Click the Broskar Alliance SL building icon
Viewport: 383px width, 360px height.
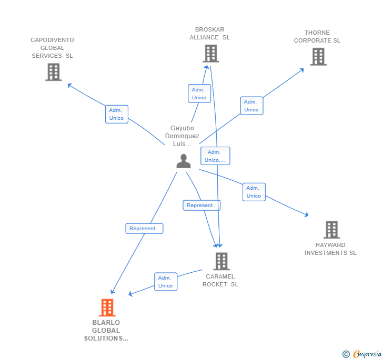pyautogui.click(x=210, y=53)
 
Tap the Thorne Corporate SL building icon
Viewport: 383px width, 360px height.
pyautogui.click(x=318, y=57)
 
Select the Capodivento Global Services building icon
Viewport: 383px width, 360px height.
pyautogui.click(x=53, y=72)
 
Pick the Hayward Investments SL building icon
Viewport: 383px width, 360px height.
pyautogui.click(x=331, y=230)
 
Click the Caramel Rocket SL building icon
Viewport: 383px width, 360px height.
pyautogui.click(x=221, y=261)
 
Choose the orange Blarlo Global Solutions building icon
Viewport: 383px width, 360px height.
pyautogui.click(x=107, y=307)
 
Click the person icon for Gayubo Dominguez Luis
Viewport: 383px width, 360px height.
pyautogui.click(x=183, y=161)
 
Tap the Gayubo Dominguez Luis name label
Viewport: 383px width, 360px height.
pyautogui.click(x=182, y=136)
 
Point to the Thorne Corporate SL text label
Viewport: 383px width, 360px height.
pyautogui.click(x=317, y=36)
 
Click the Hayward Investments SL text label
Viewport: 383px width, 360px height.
pyautogui.click(x=330, y=249)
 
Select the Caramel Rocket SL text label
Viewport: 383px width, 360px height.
pyautogui.click(x=220, y=280)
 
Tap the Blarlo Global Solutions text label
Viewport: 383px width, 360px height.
pyautogui.click(x=106, y=331)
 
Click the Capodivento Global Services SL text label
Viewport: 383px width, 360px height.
pyautogui.click(x=52, y=48)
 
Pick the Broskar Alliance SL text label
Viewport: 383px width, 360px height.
pyautogui.click(x=209, y=34)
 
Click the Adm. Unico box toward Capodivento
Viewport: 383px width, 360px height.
pyautogui.click(x=116, y=114)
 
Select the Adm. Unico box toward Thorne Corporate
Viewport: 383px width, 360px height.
pyautogui.click(x=251, y=106)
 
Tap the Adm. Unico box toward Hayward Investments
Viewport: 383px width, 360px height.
pyautogui.click(x=254, y=192)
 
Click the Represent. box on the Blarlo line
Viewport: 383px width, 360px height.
pyautogui.click(x=144, y=229)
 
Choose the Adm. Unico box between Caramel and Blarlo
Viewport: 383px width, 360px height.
pyautogui.click(x=166, y=282)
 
